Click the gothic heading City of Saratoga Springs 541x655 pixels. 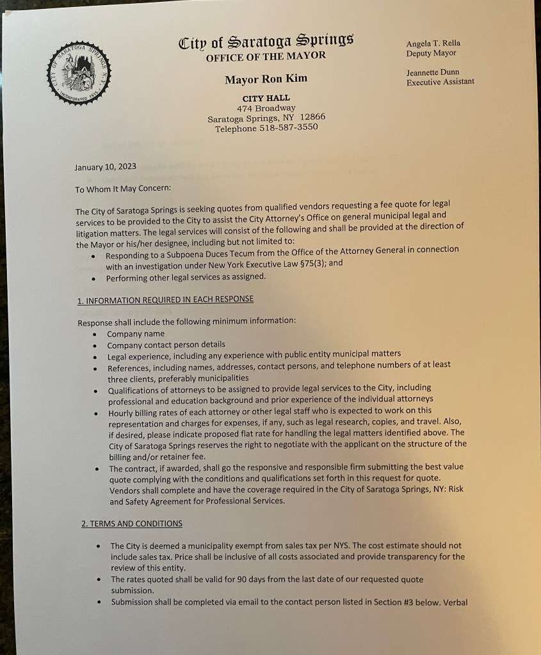point(266,42)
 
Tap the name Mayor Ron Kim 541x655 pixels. point(266,79)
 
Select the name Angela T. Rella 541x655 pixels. point(433,43)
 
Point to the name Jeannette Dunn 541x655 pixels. point(433,72)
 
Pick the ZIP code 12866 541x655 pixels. point(312,118)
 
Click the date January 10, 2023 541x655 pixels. point(105,168)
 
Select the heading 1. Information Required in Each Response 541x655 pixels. point(165,299)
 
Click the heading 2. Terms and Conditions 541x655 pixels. point(131,523)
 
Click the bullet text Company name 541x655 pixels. point(136,333)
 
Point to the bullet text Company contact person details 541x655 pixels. point(166,343)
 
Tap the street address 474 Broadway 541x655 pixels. point(266,108)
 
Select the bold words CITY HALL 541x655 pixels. point(266,98)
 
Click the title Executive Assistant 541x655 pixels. point(440,82)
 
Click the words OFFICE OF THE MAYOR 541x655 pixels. point(266,56)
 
